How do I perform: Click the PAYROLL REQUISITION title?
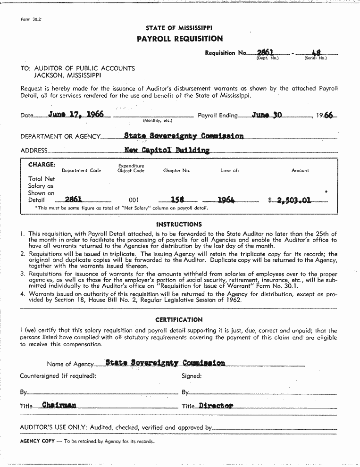click(x=179, y=39)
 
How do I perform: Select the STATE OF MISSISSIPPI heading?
click(x=179, y=28)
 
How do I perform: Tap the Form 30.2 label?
click(x=31, y=19)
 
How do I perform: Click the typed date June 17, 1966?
click(x=76, y=114)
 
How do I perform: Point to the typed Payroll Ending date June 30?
click(x=267, y=115)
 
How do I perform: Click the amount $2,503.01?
click(x=294, y=200)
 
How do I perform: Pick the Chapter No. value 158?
click(x=177, y=200)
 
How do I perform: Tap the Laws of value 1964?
click(x=226, y=200)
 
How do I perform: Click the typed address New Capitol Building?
click(x=167, y=150)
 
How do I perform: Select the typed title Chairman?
click(x=59, y=405)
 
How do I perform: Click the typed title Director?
click(x=216, y=405)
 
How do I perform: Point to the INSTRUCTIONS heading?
click(x=179, y=225)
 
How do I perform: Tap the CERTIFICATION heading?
click(x=179, y=319)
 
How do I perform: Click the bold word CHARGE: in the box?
click(x=42, y=165)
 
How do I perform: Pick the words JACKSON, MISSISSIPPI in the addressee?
click(x=67, y=75)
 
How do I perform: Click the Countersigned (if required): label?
click(x=58, y=376)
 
